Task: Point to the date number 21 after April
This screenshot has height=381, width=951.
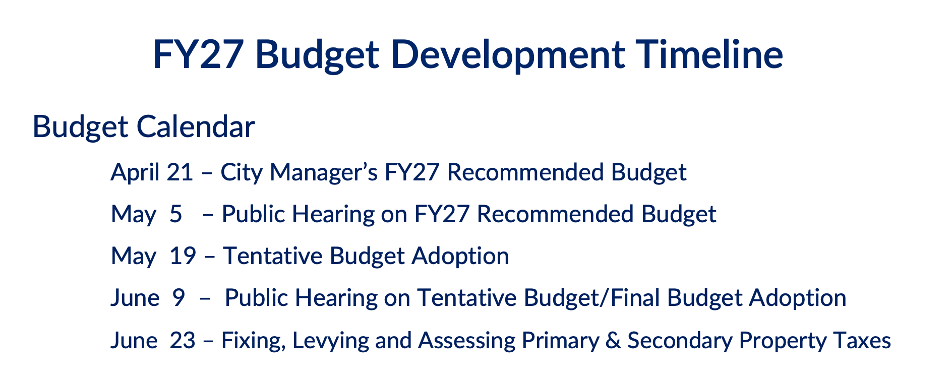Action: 180,172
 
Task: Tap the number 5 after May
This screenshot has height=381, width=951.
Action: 176,214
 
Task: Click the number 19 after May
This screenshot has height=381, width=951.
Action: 183,256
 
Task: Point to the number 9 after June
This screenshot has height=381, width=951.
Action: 179,298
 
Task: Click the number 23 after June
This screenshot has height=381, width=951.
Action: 182,341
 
